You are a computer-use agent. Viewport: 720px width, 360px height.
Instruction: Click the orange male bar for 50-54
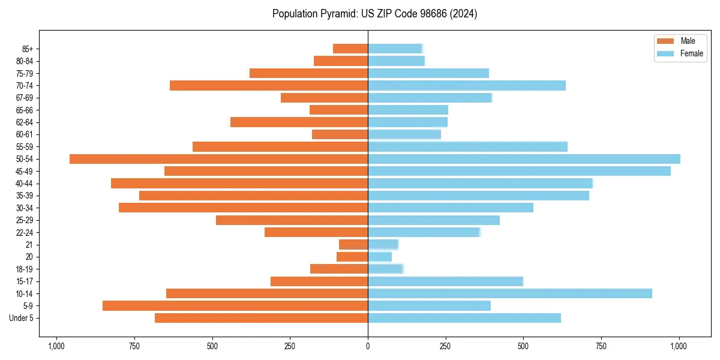click(x=218, y=159)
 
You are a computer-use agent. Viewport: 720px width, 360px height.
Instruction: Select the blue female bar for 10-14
click(x=509, y=293)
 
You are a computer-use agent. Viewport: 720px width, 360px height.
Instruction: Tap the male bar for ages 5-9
click(x=235, y=306)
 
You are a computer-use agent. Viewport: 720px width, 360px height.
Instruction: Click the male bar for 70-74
click(x=269, y=85)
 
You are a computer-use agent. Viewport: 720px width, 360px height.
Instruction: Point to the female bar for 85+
click(x=395, y=49)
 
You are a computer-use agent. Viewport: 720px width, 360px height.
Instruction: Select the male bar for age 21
click(x=353, y=245)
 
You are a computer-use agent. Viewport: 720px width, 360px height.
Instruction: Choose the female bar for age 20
click(x=380, y=257)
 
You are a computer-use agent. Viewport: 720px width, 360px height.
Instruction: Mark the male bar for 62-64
click(x=299, y=122)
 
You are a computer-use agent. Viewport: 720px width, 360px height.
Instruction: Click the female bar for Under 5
click(x=464, y=318)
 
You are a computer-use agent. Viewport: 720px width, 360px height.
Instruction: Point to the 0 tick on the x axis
click(x=368, y=346)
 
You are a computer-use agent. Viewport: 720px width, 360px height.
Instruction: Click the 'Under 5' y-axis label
click(x=22, y=318)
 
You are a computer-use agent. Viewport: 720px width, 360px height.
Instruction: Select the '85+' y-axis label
click(x=27, y=49)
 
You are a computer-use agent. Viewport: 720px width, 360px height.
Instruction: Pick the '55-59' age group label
click(x=25, y=146)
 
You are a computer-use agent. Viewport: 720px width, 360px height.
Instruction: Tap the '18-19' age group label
click(x=25, y=269)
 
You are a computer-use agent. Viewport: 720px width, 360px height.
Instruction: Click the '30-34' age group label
click(x=25, y=208)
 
